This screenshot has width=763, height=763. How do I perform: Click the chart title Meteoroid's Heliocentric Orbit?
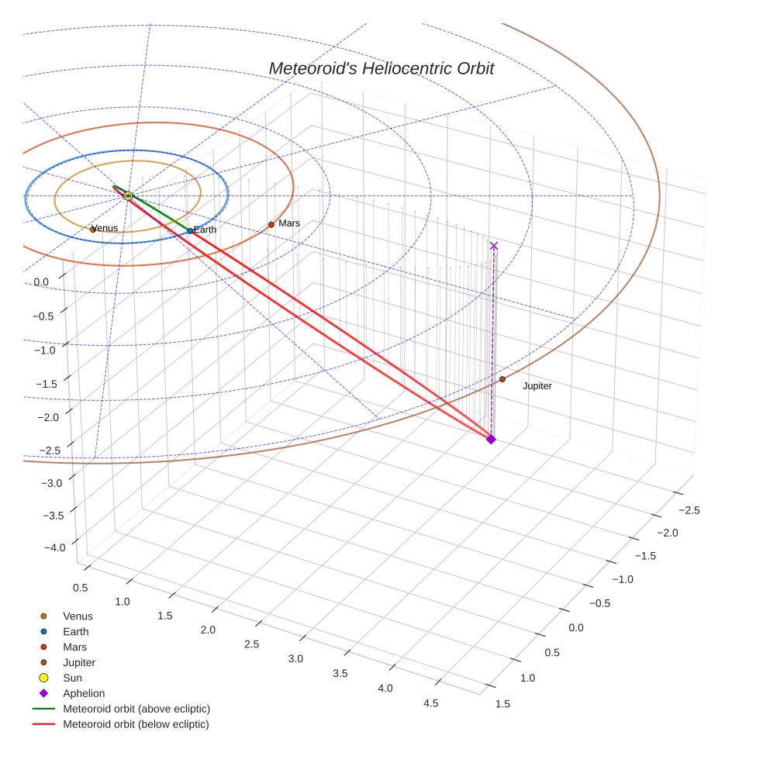coord(381,69)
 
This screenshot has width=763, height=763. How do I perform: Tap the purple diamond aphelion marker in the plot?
coord(491,440)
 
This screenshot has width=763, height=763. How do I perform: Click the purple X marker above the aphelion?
coord(494,246)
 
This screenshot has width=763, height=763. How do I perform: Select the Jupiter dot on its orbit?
coord(502,379)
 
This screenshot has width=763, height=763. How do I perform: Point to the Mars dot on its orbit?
coord(271,225)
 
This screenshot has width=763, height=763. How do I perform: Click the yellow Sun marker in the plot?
coord(128,196)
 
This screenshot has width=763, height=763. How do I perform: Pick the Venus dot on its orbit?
coord(93,230)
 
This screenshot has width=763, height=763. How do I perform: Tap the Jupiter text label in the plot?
coord(537,386)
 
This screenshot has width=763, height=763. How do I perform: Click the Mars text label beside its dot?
coord(289,223)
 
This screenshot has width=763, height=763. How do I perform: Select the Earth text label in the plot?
coord(205,230)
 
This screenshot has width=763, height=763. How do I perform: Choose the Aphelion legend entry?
coord(84,693)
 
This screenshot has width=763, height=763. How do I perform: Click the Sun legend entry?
coord(72,678)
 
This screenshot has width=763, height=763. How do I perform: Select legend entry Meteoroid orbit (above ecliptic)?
coord(136,709)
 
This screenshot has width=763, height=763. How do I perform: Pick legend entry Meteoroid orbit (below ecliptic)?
coord(136,724)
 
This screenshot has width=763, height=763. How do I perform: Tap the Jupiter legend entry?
coord(79,662)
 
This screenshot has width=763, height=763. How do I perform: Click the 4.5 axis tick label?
coord(430,703)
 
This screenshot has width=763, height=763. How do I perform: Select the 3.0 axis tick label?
coord(295,658)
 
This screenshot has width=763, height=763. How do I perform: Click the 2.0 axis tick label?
coord(207,630)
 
